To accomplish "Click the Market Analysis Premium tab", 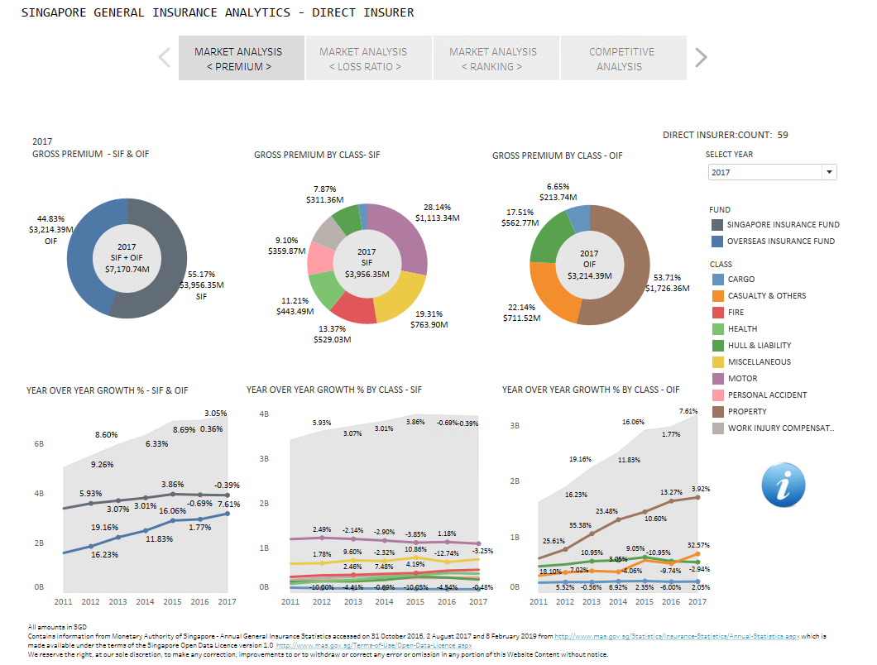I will click(241, 59).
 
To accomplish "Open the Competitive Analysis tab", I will click(623, 59).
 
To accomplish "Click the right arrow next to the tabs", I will click(701, 58).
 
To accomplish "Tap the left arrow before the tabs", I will click(164, 58).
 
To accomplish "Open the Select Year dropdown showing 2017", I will click(772, 172).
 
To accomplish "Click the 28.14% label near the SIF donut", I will click(437, 208).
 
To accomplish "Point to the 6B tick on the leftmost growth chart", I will click(39, 444).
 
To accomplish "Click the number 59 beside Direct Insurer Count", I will click(783, 135).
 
